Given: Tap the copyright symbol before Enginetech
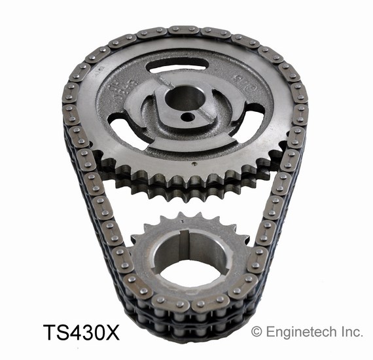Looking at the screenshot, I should (257, 333).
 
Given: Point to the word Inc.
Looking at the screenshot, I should (350, 333).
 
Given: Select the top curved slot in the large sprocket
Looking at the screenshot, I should (178, 65).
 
